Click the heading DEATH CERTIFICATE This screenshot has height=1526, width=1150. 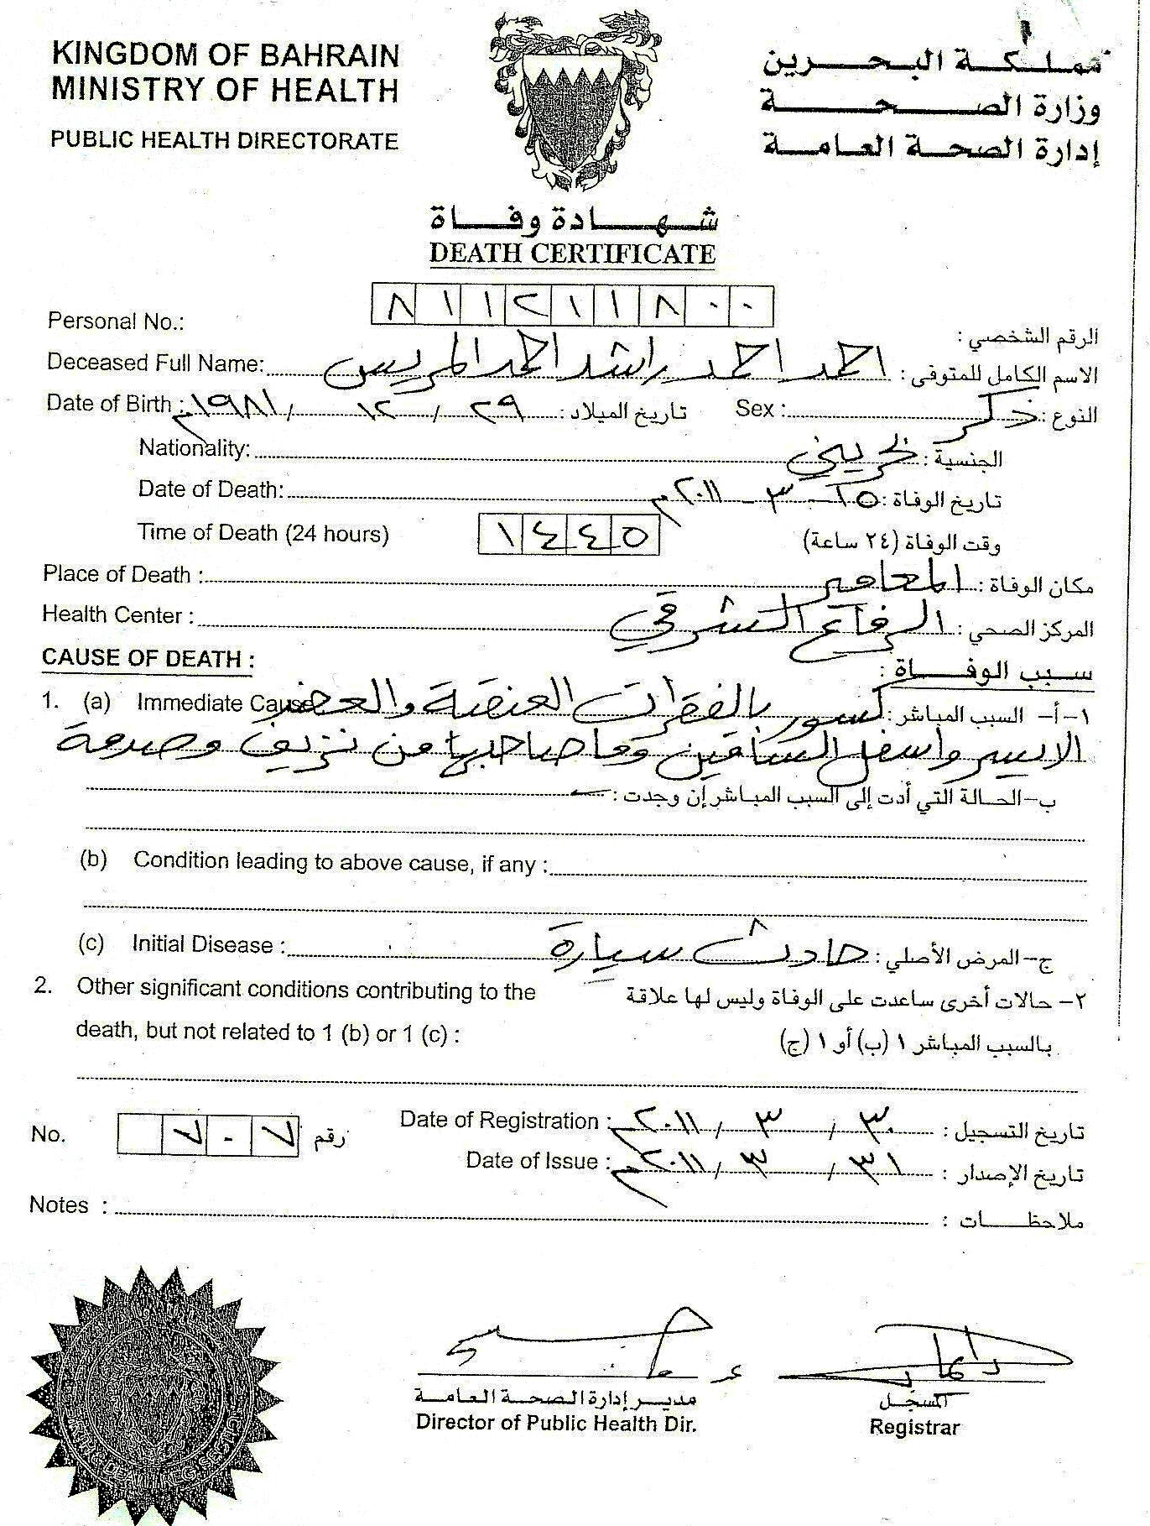[572, 253]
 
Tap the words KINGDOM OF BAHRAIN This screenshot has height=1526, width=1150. [226, 55]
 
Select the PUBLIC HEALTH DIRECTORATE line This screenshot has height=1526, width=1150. [225, 139]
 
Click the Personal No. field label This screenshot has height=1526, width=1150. [116, 321]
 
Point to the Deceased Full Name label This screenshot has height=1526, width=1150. [156, 363]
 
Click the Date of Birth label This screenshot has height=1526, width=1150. [109, 403]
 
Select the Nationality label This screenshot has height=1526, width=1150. [195, 447]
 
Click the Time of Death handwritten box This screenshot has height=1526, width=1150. [569, 535]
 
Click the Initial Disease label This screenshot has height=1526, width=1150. [202, 944]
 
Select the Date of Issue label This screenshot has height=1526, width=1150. [533, 1161]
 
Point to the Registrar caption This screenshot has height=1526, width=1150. [914, 1426]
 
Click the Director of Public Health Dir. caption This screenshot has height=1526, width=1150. [556, 1423]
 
